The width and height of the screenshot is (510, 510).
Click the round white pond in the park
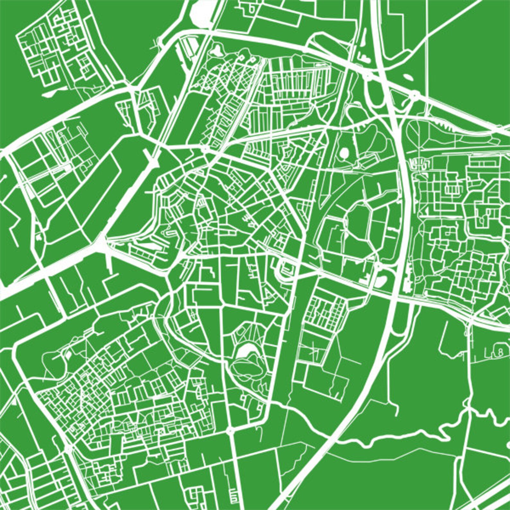pos(343,151)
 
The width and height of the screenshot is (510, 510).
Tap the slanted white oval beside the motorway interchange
pos(407,78)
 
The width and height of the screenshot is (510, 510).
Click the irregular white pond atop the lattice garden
pos(217,50)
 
